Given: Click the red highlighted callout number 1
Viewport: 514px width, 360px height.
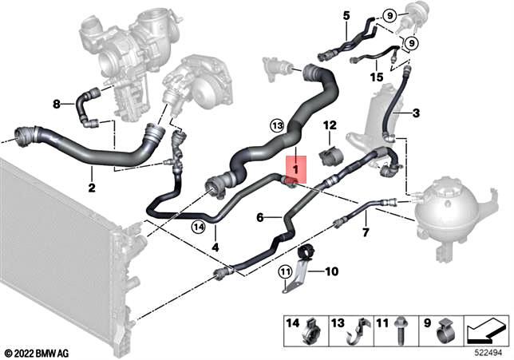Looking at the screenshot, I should [x=295, y=170].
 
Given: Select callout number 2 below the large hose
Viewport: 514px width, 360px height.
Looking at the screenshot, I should [x=92, y=188].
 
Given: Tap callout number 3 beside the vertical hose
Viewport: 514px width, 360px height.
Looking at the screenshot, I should [x=415, y=114].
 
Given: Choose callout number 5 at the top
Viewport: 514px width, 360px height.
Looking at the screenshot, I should [x=346, y=15].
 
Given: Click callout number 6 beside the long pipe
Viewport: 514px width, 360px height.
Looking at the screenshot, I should [x=259, y=216].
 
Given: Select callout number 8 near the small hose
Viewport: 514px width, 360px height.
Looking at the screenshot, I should [x=57, y=104].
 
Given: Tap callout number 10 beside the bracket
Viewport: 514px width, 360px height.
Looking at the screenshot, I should [x=332, y=272].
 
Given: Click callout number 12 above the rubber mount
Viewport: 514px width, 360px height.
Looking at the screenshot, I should [x=330, y=125].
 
